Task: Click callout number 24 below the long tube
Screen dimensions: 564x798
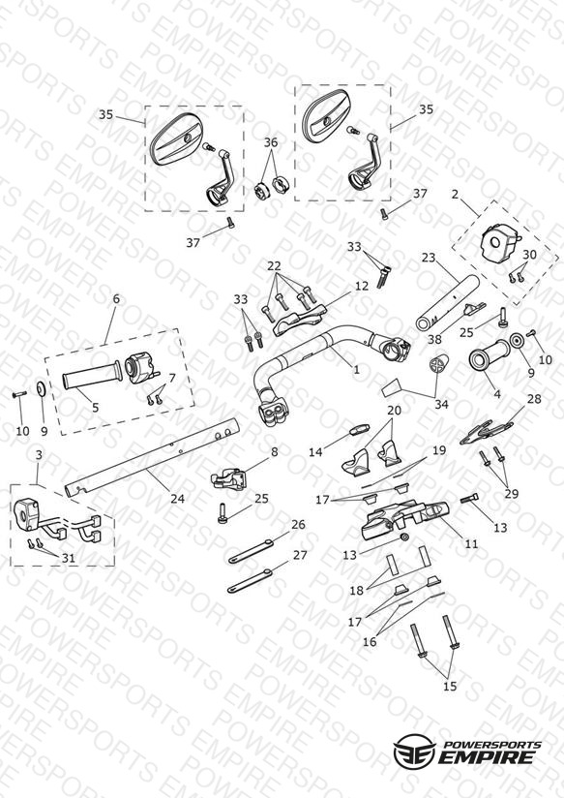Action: click(x=177, y=499)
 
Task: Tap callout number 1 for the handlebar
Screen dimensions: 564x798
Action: click(x=357, y=370)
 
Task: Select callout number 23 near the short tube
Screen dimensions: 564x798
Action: click(x=429, y=258)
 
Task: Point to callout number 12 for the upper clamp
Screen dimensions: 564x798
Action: click(x=362, y=286)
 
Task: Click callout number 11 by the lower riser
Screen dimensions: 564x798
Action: click(x=472, y=543)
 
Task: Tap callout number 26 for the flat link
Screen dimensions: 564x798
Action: click(x=299, y=524)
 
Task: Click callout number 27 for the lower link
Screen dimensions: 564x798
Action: click(x=300, y=554)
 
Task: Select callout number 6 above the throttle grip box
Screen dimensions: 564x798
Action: click(x=116, y=298)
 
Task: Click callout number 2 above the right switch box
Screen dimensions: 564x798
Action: click(x=455, y=194)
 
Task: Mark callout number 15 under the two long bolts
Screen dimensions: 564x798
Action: click(x=450, y=686)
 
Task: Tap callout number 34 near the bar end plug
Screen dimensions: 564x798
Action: click(x=441, y=404)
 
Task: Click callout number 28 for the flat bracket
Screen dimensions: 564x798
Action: click(x=534, y=398)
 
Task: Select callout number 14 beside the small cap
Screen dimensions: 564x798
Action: click(x=315, y=451)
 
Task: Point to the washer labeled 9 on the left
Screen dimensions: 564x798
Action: click(x=41, y=389)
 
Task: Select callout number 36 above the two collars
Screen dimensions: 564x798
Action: click(x=271, y=142)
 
